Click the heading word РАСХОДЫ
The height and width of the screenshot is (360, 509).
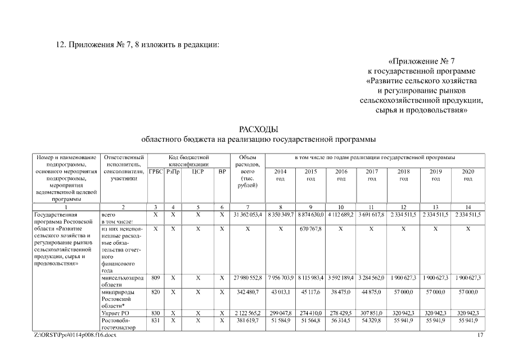259,130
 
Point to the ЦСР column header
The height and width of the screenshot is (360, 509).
197,171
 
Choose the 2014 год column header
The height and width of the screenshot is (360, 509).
280,174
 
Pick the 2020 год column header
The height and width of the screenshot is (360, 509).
468,174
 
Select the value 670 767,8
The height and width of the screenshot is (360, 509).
310,229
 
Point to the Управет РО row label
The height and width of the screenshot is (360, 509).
115,312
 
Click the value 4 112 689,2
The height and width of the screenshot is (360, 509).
341,215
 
